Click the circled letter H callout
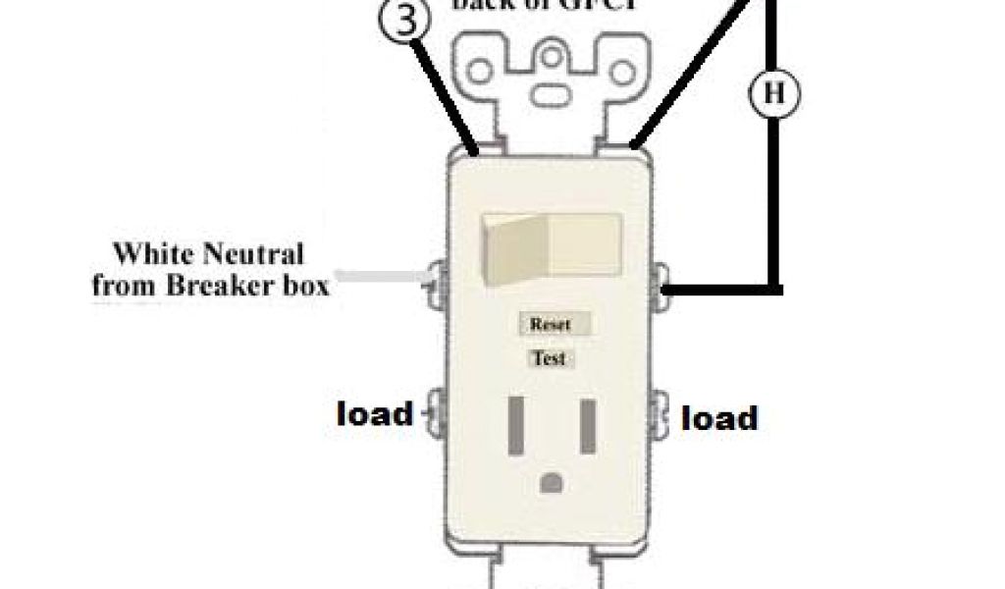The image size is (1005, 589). click(x=774, y=94)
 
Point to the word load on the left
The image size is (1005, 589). click(x=375, y=413)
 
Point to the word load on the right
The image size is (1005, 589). click(x=719, y=419)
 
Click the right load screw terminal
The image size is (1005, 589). click(x=662, y=413)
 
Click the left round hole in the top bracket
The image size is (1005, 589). click(x=482, y=71)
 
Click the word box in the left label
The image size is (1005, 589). click(x=304, y=287)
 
